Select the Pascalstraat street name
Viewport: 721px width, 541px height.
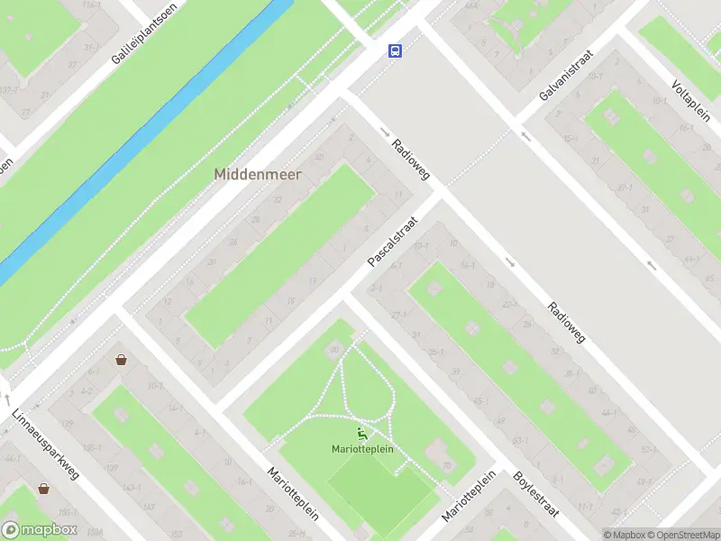(x=394, y=242)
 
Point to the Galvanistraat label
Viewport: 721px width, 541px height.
(x=566, y=75)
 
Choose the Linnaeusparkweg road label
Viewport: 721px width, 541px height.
(x=47, y=448)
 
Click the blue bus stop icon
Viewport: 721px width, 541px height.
(x=395, y=50)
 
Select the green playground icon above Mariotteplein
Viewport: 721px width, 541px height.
(x=362, y=434)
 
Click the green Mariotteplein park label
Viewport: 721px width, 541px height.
(x=362, y=449)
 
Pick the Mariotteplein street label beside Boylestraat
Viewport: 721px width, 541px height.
(x=469, y=497)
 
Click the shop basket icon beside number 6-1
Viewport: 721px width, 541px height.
(x=121, y=360)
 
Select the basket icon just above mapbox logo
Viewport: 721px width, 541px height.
(x=43, y=489)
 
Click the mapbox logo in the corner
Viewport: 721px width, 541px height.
(x=40, y=530)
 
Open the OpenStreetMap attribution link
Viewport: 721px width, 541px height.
(x=683, y=535)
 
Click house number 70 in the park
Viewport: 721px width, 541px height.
(x=446, y=465)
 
